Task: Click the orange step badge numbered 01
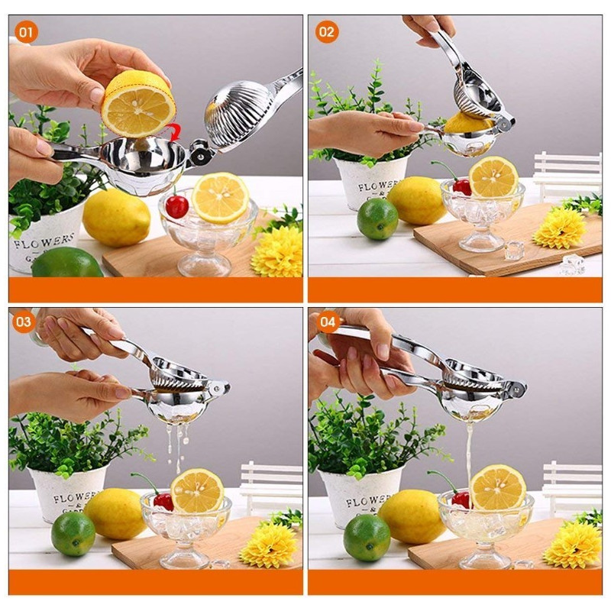25,32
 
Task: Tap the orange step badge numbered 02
326,32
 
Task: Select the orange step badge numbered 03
24,322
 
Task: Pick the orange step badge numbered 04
326,322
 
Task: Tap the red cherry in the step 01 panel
176,205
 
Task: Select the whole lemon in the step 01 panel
116,217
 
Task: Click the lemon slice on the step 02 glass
493,177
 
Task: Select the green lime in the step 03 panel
73,533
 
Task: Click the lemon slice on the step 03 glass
197,490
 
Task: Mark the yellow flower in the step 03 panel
268,545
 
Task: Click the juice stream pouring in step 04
469,451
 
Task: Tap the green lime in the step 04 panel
367,538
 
